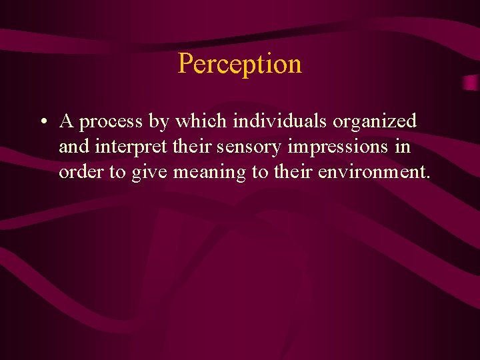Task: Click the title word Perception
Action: [240, 64]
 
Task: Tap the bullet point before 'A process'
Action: [43, 122]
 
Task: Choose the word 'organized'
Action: [375, 122]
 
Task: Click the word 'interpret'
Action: [123, 147]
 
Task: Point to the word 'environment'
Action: [373, 172]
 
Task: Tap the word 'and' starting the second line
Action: [73, 147]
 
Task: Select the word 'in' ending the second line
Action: [403, 147]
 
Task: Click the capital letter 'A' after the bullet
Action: [66, 121]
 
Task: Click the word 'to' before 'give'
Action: [117, 172]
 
